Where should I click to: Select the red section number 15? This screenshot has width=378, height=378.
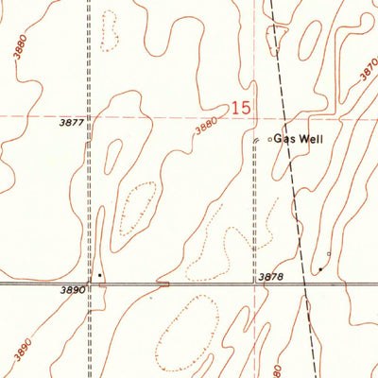tap(241, 111)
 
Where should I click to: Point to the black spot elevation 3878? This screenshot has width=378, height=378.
tap(270, 277)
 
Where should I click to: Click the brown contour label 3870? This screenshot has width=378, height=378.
tap(367, 76)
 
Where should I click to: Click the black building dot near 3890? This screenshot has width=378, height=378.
tap(99, 275)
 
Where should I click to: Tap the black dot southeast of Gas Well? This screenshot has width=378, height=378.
tap(319, 269)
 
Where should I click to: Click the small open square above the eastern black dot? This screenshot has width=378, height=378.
tap(328, 253)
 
